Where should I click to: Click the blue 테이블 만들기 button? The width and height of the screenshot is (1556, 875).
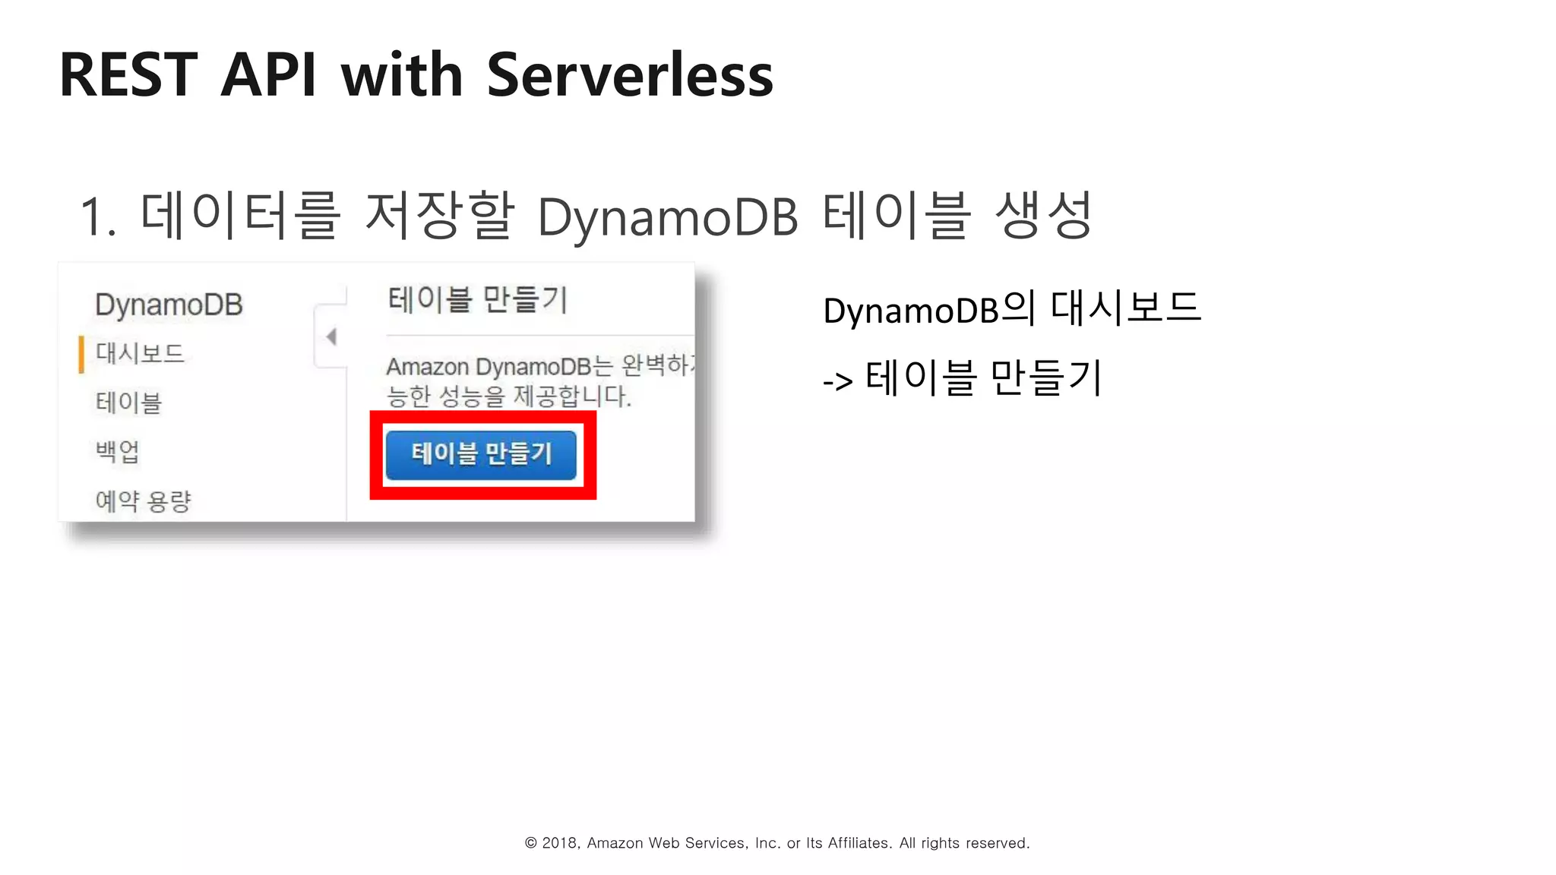(481, 454)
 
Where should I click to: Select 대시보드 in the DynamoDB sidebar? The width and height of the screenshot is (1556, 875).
(140, 353)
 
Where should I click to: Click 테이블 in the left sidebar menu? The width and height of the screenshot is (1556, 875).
(128, 403)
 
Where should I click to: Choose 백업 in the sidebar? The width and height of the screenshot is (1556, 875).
(118, 452)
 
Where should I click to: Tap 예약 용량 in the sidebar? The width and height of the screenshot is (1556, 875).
(143, 501)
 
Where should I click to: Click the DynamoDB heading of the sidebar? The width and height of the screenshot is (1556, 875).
(169, 305)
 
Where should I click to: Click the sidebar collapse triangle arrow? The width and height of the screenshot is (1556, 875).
(331, 336)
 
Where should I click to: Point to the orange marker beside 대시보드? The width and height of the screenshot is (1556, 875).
(81, 355)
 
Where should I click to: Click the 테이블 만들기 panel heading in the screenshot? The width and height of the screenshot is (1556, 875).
(477, 300)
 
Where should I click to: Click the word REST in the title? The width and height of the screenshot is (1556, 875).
(128, 75)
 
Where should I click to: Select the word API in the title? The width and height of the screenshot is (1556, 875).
(268, 75)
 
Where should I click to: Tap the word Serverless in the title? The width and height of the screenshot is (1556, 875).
(629, 75)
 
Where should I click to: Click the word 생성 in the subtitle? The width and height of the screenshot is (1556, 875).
(1043, 215)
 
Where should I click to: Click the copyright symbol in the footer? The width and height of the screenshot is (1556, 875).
(531, 843)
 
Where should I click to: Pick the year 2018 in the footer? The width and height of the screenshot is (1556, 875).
(559, 843)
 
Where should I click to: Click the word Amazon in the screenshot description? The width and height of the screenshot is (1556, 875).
(427, 368)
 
